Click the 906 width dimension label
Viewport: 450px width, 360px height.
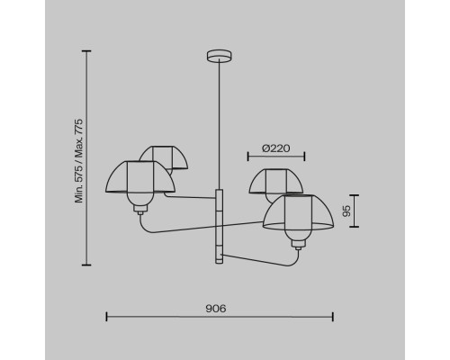click(x=216, y=309)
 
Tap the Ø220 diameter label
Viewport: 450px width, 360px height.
click(x=276, y=148)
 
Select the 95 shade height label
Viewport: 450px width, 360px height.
click(x=346, y=211)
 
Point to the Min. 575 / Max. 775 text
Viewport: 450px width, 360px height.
click(x=79, y=161)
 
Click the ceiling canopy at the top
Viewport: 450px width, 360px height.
click(x=220, y=56)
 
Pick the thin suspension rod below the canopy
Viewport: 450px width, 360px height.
click(x=220, y=124)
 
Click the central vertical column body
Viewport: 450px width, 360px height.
click(x=220, y=227)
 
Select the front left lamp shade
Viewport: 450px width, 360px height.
click(x=140, y=177)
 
